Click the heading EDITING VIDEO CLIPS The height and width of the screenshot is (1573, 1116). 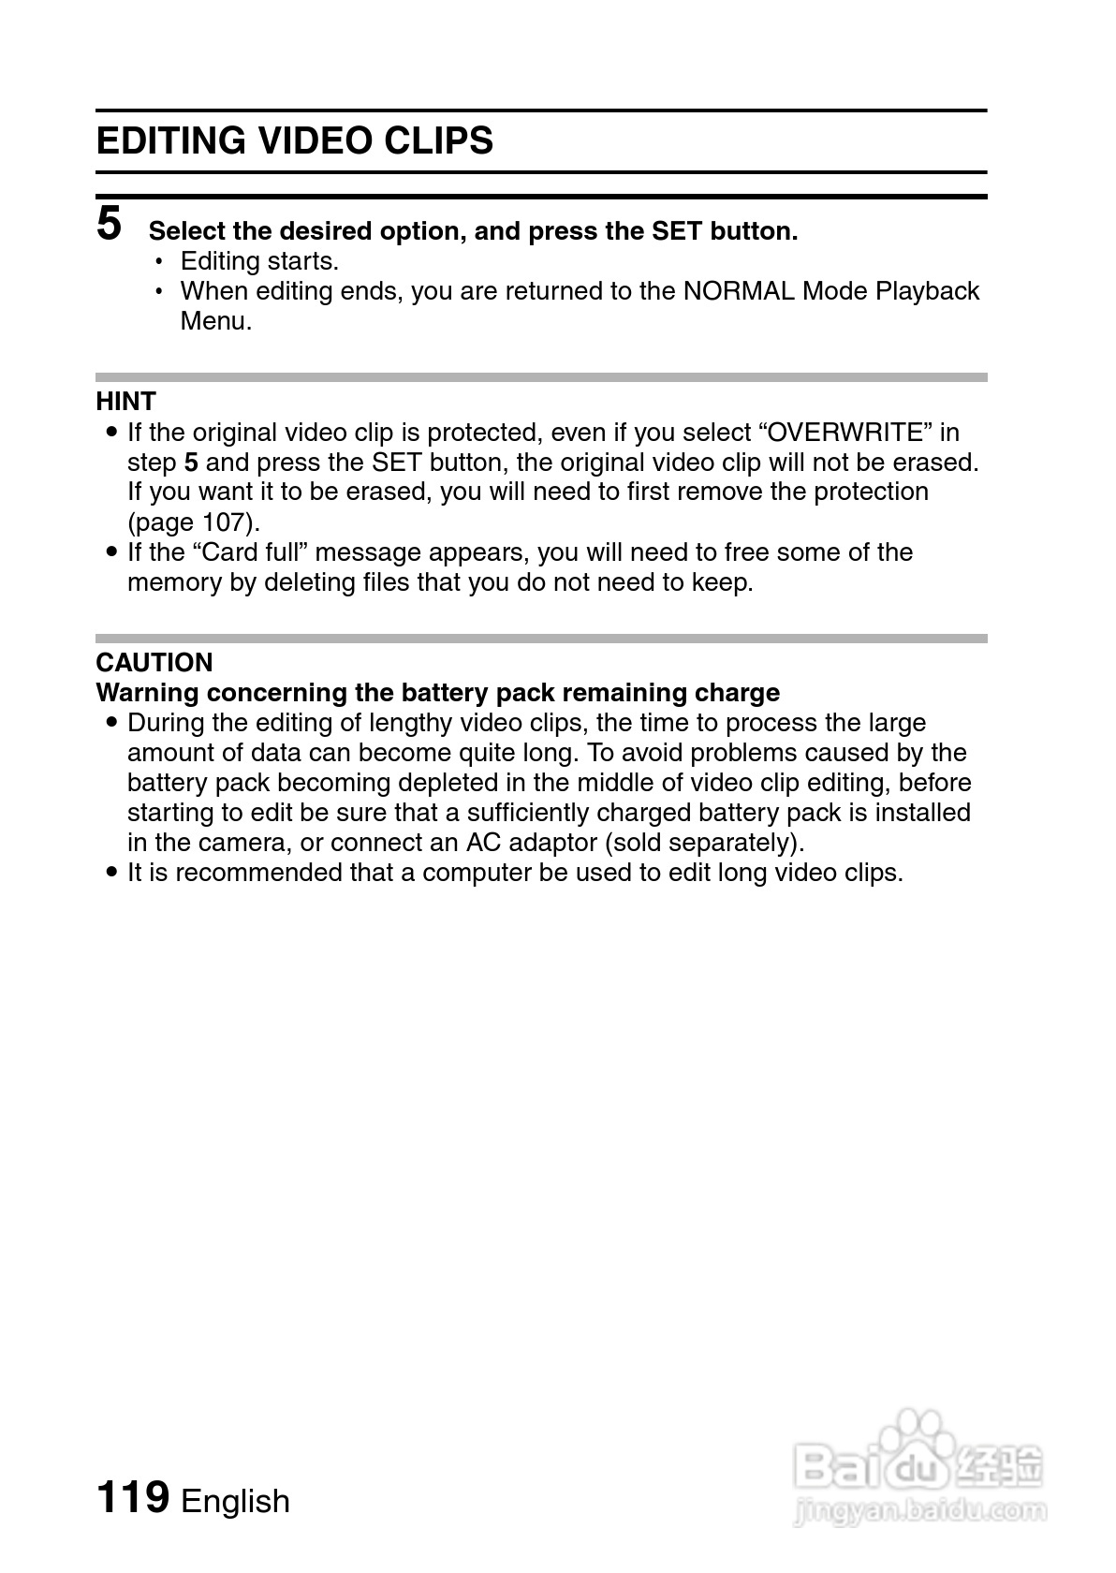pos(294,141)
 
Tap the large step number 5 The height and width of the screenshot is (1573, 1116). pos(110,224)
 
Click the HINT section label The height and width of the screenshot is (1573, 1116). pos(125,401)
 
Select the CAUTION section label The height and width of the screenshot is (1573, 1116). pos(154,662)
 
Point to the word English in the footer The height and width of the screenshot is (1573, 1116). pos(235,1501)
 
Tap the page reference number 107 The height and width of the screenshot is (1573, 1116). pos(224,522)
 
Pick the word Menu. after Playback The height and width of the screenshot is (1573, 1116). pos(216,321)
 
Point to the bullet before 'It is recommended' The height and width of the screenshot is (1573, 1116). pos(111,873)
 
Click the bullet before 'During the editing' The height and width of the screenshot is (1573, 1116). pos(111,723)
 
